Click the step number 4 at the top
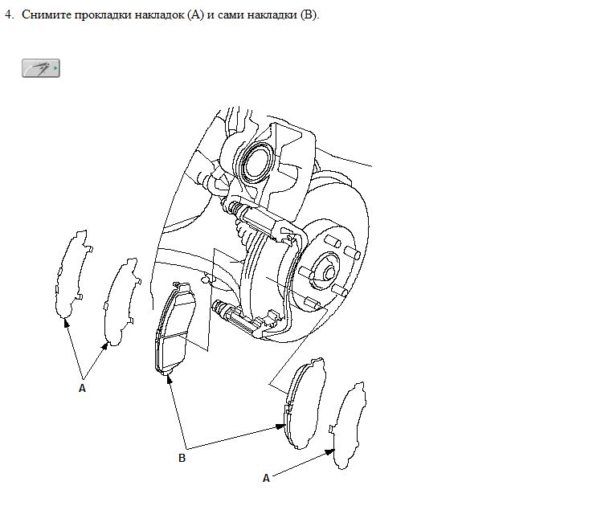[9, 14]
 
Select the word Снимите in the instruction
[47, 14]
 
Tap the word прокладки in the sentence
[103, 14]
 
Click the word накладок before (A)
[159, 14]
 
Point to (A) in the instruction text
[196, 14]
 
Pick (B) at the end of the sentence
[309, 14]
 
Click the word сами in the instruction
[231, 15]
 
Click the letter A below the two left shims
[82, 388]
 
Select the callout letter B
[182, 458]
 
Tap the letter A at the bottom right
[266, 478]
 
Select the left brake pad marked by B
[175, 329]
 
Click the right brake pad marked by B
[306, 403]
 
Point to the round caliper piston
[257, 162]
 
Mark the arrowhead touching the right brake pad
[280, 426]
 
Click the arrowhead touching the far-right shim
[329, 451]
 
